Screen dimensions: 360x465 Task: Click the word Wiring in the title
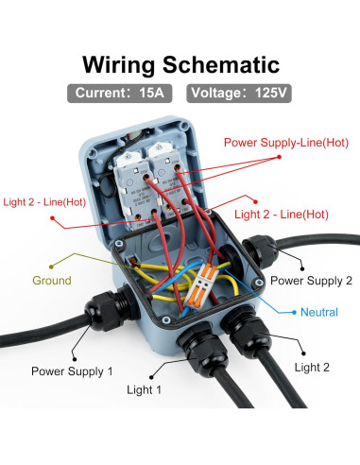(x=119, y=65)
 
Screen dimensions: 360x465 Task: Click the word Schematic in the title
(x=221, y=64)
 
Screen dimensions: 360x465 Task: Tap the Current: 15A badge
(x=120, y=94)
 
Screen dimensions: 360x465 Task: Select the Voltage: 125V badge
(x=239, y=94)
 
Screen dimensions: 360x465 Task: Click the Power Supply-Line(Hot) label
(x=286, y=143)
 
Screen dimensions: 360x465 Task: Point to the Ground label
(x=52, y=281)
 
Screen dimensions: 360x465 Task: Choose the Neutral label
(x=319, y=312)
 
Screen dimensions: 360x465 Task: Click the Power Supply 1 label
(x=72, y=371)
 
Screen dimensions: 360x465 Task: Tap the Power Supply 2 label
(x=311, y=281)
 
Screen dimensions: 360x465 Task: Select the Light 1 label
(x=144, y=390)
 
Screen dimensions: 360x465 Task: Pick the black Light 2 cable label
(x=312, y=368)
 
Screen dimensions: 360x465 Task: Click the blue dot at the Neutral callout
(x=294, y=312)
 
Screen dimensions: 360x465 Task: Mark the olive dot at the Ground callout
(x=51, y=267)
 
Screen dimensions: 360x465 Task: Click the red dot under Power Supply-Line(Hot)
(x=279, y=157)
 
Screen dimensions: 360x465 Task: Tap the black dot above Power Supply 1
(x=75, y=359)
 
